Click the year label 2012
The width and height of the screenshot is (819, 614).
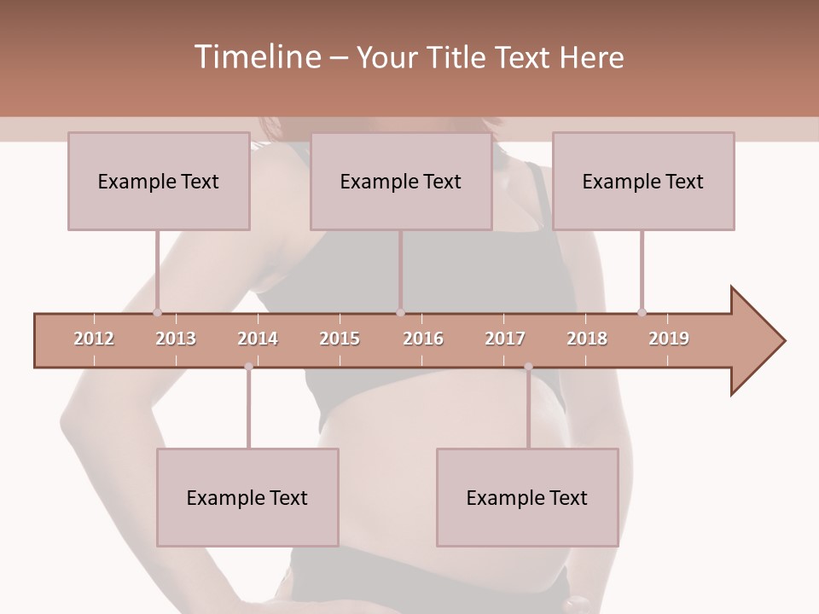click(94, 339)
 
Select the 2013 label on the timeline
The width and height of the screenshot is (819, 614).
click(176, 339)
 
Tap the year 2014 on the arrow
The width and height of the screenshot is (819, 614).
click(258, 339)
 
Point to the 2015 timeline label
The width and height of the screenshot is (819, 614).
click(340, 339)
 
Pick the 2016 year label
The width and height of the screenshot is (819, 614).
click(423, 339)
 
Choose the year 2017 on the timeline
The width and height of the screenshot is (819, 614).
click(505, 339)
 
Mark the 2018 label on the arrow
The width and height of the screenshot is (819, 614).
click(587, 339)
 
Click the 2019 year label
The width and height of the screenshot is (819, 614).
click(669, 339)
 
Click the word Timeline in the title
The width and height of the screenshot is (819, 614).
click(257, 57)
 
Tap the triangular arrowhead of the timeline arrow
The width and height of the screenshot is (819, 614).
click(756, 341)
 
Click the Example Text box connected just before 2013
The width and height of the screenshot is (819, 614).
click(159, 181)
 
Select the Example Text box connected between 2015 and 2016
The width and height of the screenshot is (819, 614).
click(401, 181)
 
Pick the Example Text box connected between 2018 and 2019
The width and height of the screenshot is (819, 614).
click(643, 181)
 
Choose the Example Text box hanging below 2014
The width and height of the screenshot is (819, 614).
click(247, 497)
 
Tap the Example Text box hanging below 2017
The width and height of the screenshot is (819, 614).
click(527, 497)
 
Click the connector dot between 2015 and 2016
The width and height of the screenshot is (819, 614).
click(400, 312)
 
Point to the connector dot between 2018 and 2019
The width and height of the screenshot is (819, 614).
click(642, 312)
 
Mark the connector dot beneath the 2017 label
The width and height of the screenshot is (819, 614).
click(528, 367)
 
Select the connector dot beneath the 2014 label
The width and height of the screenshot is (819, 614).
click(248, 367)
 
